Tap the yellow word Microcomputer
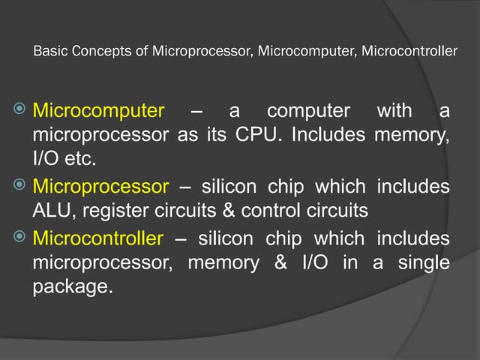97,112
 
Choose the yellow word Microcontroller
97,238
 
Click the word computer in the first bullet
309,112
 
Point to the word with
394,112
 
